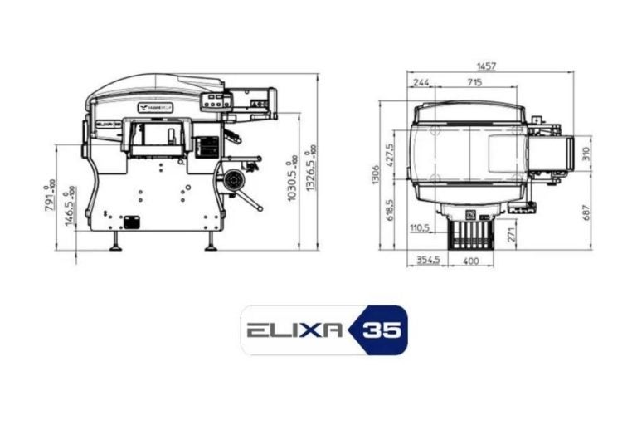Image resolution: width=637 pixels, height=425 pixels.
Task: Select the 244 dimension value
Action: [x=421, y=82]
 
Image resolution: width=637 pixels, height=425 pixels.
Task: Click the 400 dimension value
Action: [x=470, y=261]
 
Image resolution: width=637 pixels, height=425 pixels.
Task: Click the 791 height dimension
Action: [x=50, y=196]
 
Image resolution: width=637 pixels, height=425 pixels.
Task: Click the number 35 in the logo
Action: [x=382, y=330]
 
